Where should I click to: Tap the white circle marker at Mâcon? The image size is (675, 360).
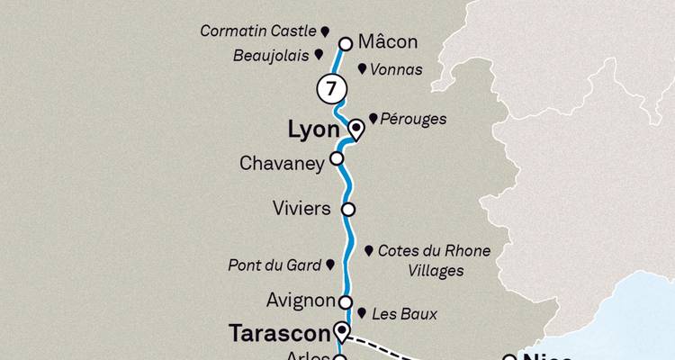tap(345, 42)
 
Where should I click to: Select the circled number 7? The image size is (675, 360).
tap(331, 89)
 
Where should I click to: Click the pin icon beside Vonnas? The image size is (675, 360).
tap(362, 67)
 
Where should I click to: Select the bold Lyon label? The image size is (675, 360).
tap(313, 130)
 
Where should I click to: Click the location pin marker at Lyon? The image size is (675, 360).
tap(355, 129)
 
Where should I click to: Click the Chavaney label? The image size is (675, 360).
tap(281, 164)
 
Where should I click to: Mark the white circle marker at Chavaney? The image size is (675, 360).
tap(337, 158)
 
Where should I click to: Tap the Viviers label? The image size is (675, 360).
tap(301, 209)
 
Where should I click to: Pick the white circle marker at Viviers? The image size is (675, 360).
tap(348, 209)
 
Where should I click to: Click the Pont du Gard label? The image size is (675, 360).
tap(274, 265)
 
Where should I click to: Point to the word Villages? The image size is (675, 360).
tap(433, 270)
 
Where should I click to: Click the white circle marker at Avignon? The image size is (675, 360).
tap(343, 302)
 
